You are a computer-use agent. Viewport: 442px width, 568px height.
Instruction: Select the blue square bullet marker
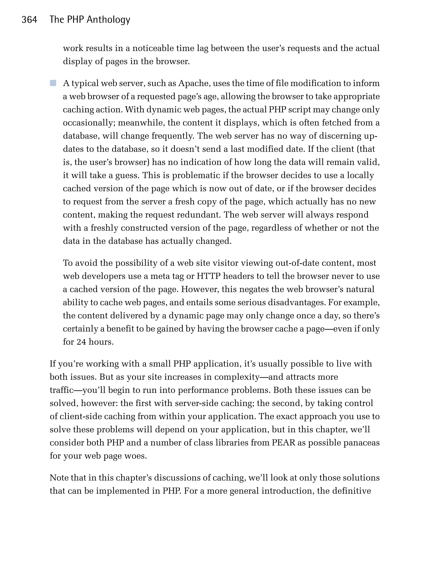coord(53,83)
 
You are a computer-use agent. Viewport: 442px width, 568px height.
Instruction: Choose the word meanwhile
coord(141,123)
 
